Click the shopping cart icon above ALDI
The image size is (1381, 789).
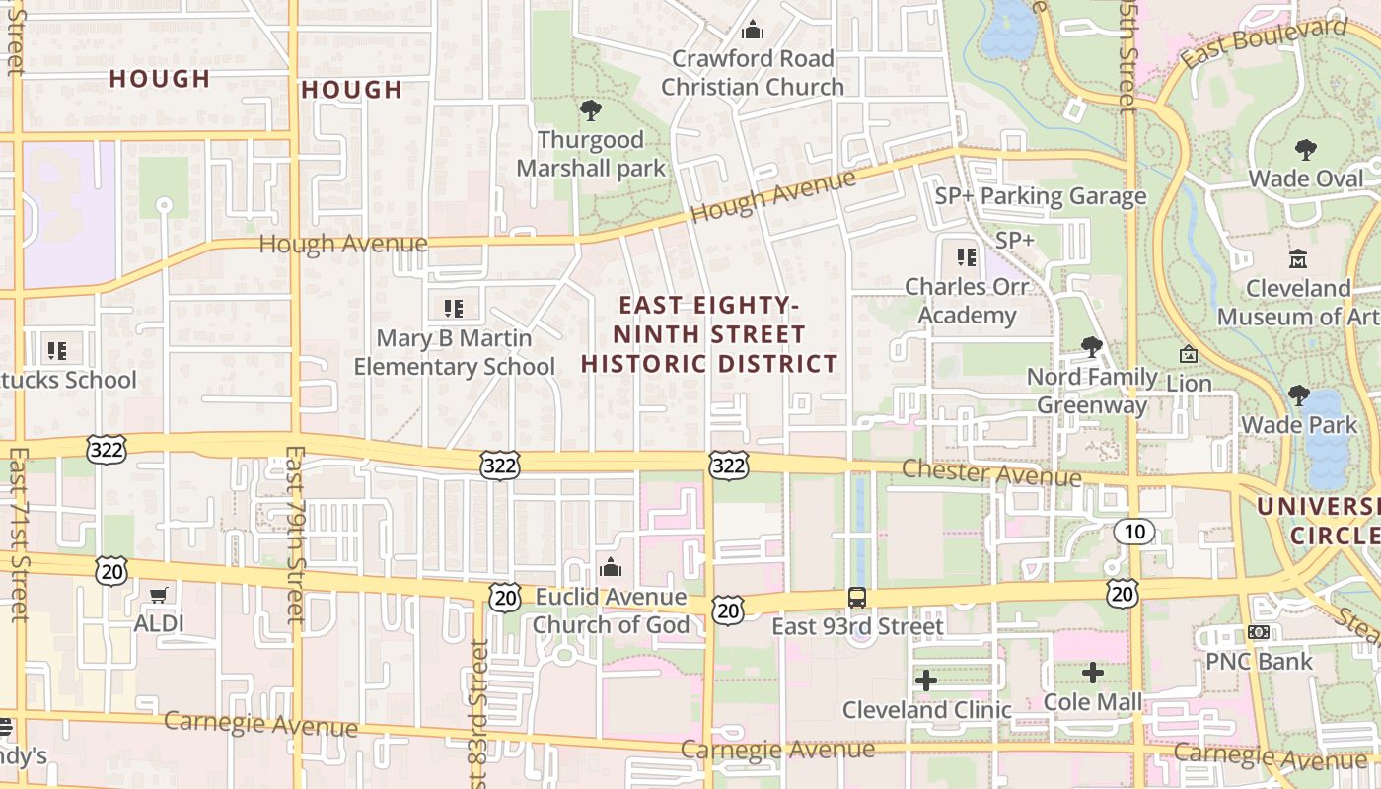tap(158, 594)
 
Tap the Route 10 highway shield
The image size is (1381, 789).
tap(1134, 532)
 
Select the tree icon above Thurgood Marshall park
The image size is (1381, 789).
tap(590, 109)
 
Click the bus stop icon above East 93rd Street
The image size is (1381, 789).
tap(857, 597)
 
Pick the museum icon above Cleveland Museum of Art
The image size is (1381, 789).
tap(1298, 259)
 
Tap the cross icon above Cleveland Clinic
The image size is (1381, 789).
tap(925, 680)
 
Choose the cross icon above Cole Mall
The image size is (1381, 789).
tap(1092, 673)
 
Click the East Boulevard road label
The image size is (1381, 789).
tap(1264, 42)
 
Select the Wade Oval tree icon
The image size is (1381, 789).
tap(1306, 150)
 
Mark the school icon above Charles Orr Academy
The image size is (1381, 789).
tap(966, 257)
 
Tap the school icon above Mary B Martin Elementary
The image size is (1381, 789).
tap(454, 308)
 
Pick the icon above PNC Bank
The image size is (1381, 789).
tap(1258, 631)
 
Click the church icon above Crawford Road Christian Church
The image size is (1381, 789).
tap(753, 30)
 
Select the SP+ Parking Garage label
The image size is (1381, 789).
tap(1041, 196)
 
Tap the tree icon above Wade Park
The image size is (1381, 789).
tap(1298, 395)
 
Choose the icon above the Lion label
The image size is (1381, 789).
tap(1189, 353)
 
